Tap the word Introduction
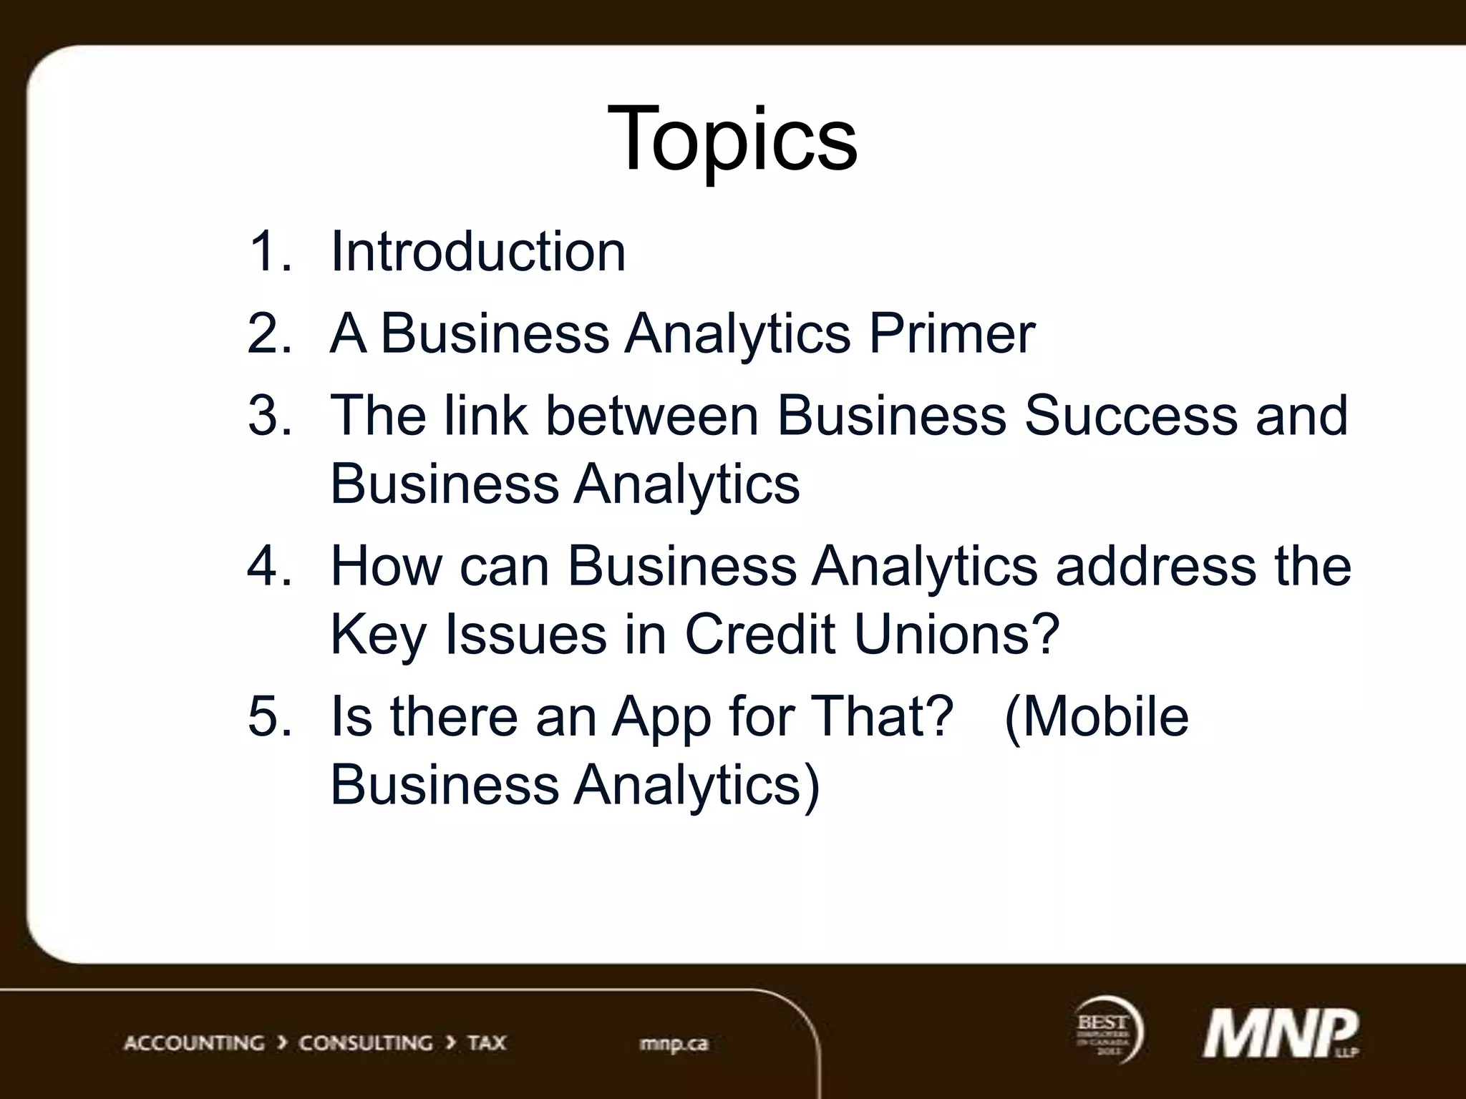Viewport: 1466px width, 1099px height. (x=477, y=252)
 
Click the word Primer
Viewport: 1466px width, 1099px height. (x=952, y=333)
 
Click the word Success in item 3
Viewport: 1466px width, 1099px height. (x=1130, y=415)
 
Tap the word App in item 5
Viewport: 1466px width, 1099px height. (x=661, y=717)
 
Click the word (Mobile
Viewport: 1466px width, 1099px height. (x=1097, y=717)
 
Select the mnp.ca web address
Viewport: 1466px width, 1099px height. (x=674, y=1044)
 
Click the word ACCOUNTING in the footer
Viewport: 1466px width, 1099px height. (x=194, y=1042)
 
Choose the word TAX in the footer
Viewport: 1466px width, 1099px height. (x=487, y=1042)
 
